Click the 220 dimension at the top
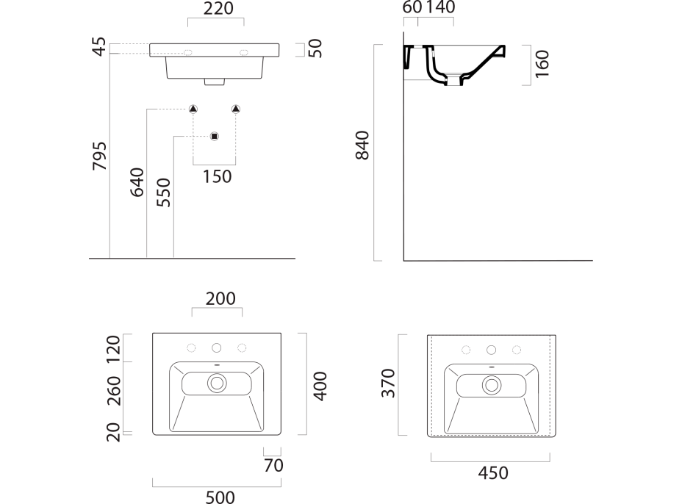tap(218, 10)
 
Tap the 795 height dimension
tap(98, 156)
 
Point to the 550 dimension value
tap(164, 192)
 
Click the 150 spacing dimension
tap(216, 176)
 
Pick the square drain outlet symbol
tap(215, 136)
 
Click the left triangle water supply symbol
tap(193, 109)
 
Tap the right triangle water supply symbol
tap(236, 109)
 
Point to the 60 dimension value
tap(412, 8)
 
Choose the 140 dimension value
tap(440, 8)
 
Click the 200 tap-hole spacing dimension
tap(220, 299)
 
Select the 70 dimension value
tap(273, 465)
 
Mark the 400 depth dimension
tap(320, 385)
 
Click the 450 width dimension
tap(492, 473)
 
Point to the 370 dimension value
tap(389, 383)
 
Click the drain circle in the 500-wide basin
tap(217, 383)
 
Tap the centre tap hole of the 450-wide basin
tap(492, 350)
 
